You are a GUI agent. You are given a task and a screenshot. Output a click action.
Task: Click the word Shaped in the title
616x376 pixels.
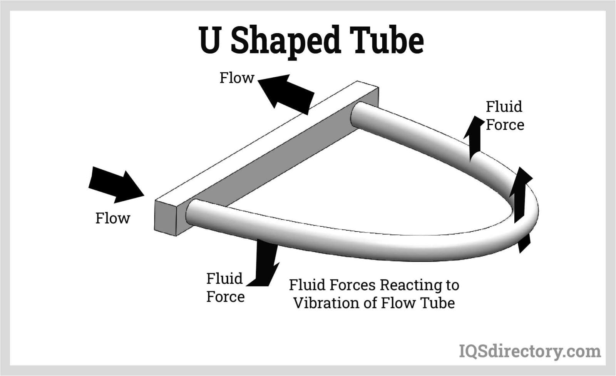click(285, 41)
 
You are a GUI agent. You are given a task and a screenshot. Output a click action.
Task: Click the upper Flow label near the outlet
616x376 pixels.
click(237, 78)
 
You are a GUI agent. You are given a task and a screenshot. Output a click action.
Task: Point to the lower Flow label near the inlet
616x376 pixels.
click(112, 218)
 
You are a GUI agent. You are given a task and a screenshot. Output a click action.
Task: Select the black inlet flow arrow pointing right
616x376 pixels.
click(115, 184)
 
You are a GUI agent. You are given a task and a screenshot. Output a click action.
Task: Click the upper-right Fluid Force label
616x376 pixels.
click(504, 115)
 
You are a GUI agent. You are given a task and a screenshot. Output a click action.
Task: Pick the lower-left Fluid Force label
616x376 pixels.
click(225, 287)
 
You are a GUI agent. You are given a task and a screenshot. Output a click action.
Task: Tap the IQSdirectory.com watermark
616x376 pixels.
click(529, 351)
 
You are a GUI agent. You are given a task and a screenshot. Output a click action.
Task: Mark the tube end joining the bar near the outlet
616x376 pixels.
click(358, 114)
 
